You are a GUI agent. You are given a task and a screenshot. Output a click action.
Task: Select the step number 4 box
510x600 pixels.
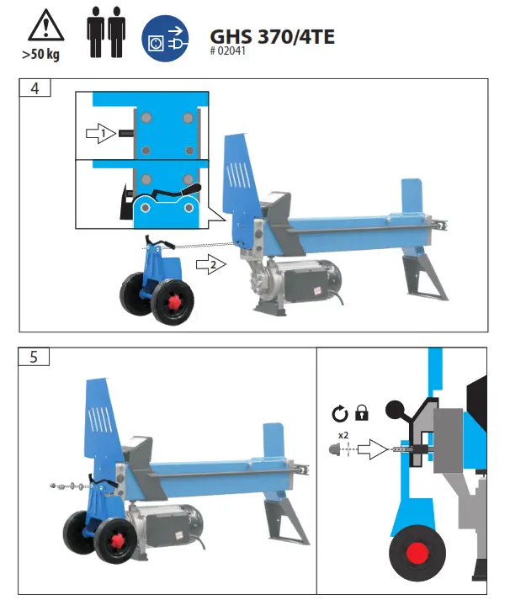coord(35,88)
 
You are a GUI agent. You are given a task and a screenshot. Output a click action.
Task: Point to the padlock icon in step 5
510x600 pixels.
coord(363,413)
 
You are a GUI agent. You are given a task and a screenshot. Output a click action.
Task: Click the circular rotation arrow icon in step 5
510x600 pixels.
coord(340,413)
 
